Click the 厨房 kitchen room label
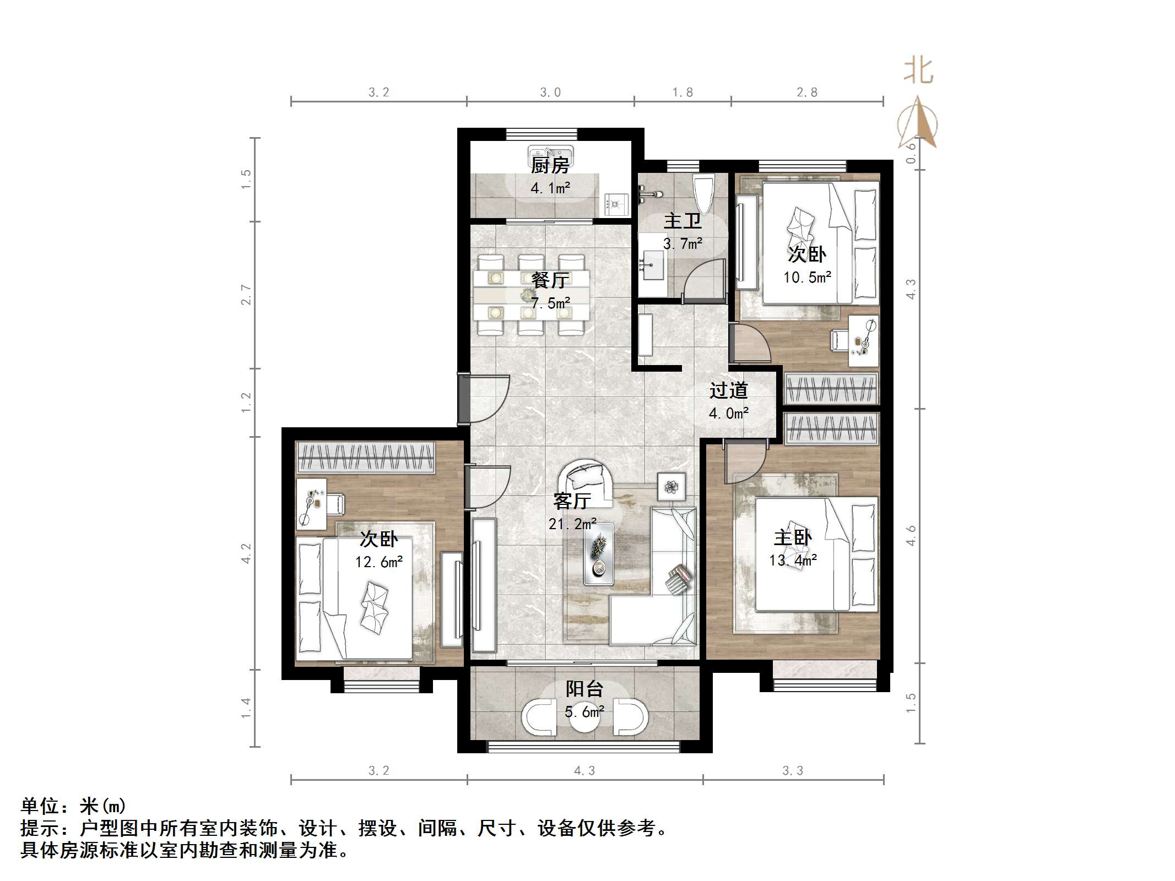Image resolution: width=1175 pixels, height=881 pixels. coord(549,165)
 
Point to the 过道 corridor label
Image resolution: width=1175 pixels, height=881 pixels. coord(728,390)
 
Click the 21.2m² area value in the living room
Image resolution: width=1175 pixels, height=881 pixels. coord(572,524)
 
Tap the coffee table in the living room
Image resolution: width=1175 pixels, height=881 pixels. coord(599,554)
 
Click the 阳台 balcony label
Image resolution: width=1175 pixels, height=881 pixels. coord(584,689)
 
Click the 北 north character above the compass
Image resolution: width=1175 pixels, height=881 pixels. coord(918,71)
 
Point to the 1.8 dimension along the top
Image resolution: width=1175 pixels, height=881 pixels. coord(682,93)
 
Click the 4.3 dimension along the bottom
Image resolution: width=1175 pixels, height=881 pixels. coord(584,771)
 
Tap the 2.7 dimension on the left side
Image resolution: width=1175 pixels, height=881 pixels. coord(246,295)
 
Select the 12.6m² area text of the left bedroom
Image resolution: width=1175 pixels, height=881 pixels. coord(378,562)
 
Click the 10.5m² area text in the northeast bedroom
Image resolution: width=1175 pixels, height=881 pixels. coord(807,278)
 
